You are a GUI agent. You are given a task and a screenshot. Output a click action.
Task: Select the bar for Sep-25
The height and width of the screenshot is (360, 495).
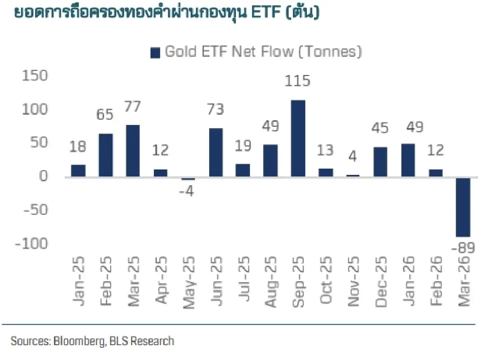[x=298, y=139]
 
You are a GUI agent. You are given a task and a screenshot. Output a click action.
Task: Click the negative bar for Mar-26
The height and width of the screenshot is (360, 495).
[x=463, y=207]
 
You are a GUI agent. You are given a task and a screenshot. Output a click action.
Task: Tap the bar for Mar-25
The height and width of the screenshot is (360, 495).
[x=133, y=151]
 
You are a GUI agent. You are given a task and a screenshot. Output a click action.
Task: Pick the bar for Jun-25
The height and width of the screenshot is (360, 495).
[x=215, y=153]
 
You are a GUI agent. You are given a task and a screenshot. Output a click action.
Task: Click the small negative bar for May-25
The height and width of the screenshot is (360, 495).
[x=188, y=179]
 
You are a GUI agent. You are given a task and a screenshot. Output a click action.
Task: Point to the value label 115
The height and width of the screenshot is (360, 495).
[x=298, y=81]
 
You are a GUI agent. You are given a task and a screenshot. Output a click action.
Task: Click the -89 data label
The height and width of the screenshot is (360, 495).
[x=462, y=248]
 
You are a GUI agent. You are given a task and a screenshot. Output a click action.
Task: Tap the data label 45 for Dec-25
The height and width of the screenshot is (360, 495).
[x=380, y=128]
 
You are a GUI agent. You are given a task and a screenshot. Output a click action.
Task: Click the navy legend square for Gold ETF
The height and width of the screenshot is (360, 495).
[x=155, y=53]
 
